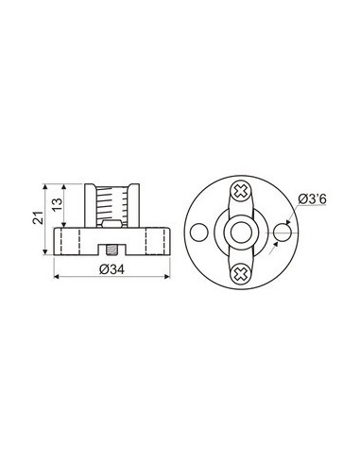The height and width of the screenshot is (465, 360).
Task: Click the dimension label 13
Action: pos(58,204)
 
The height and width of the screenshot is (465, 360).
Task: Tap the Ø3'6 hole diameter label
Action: pos(313,198)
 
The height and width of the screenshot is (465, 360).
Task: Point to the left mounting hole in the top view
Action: pos(197,232)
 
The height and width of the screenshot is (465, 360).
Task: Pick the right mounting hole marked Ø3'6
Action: pos(283,232)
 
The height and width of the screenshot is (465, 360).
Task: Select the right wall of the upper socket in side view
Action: pos(137,203)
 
